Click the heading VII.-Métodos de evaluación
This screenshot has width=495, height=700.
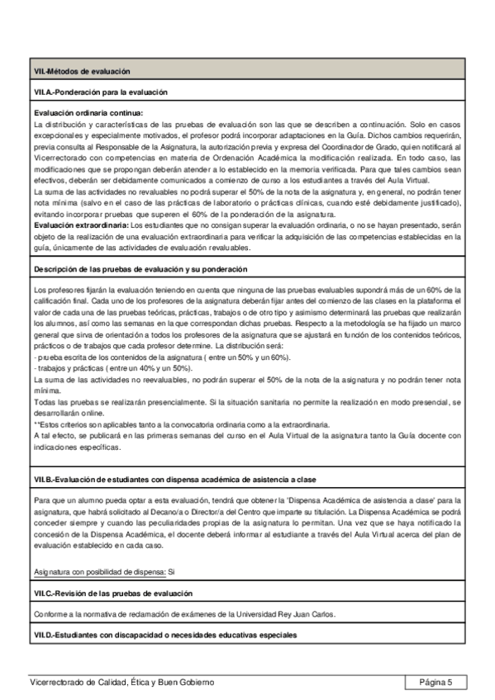(x=74, y=72)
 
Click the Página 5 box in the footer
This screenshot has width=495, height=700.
(x=436, y=682)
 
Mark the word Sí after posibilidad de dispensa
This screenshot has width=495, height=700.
(x=172, y=571)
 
